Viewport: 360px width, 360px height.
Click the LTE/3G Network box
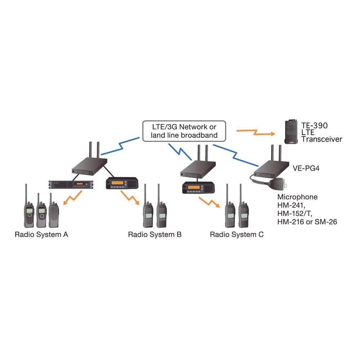tap(184, 131)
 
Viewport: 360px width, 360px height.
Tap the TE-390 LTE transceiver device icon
tap(291, 132)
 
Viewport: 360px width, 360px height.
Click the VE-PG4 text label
tap(306, 168)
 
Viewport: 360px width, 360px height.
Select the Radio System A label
tap(41, 234)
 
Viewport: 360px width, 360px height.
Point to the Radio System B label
tap(155, 234)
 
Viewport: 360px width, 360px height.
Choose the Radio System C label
tap(237, 234)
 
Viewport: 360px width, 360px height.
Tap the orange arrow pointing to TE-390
tap(256, 132)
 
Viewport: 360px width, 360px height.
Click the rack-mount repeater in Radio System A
tap(71, 184)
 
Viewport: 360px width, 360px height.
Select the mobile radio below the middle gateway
tap(198, 188)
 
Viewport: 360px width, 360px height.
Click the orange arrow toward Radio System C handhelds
tap(210, 202)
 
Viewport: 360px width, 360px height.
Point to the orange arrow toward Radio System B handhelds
tap(130, 197)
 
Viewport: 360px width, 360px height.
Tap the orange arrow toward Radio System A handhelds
tap(73, 198)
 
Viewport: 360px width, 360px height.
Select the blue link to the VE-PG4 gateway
tap(235, 156)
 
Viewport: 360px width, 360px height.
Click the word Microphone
tap(297, 197)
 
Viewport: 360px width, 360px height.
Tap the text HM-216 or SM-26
tap(307, 222)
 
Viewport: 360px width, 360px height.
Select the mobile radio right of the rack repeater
tap(122, 183)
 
